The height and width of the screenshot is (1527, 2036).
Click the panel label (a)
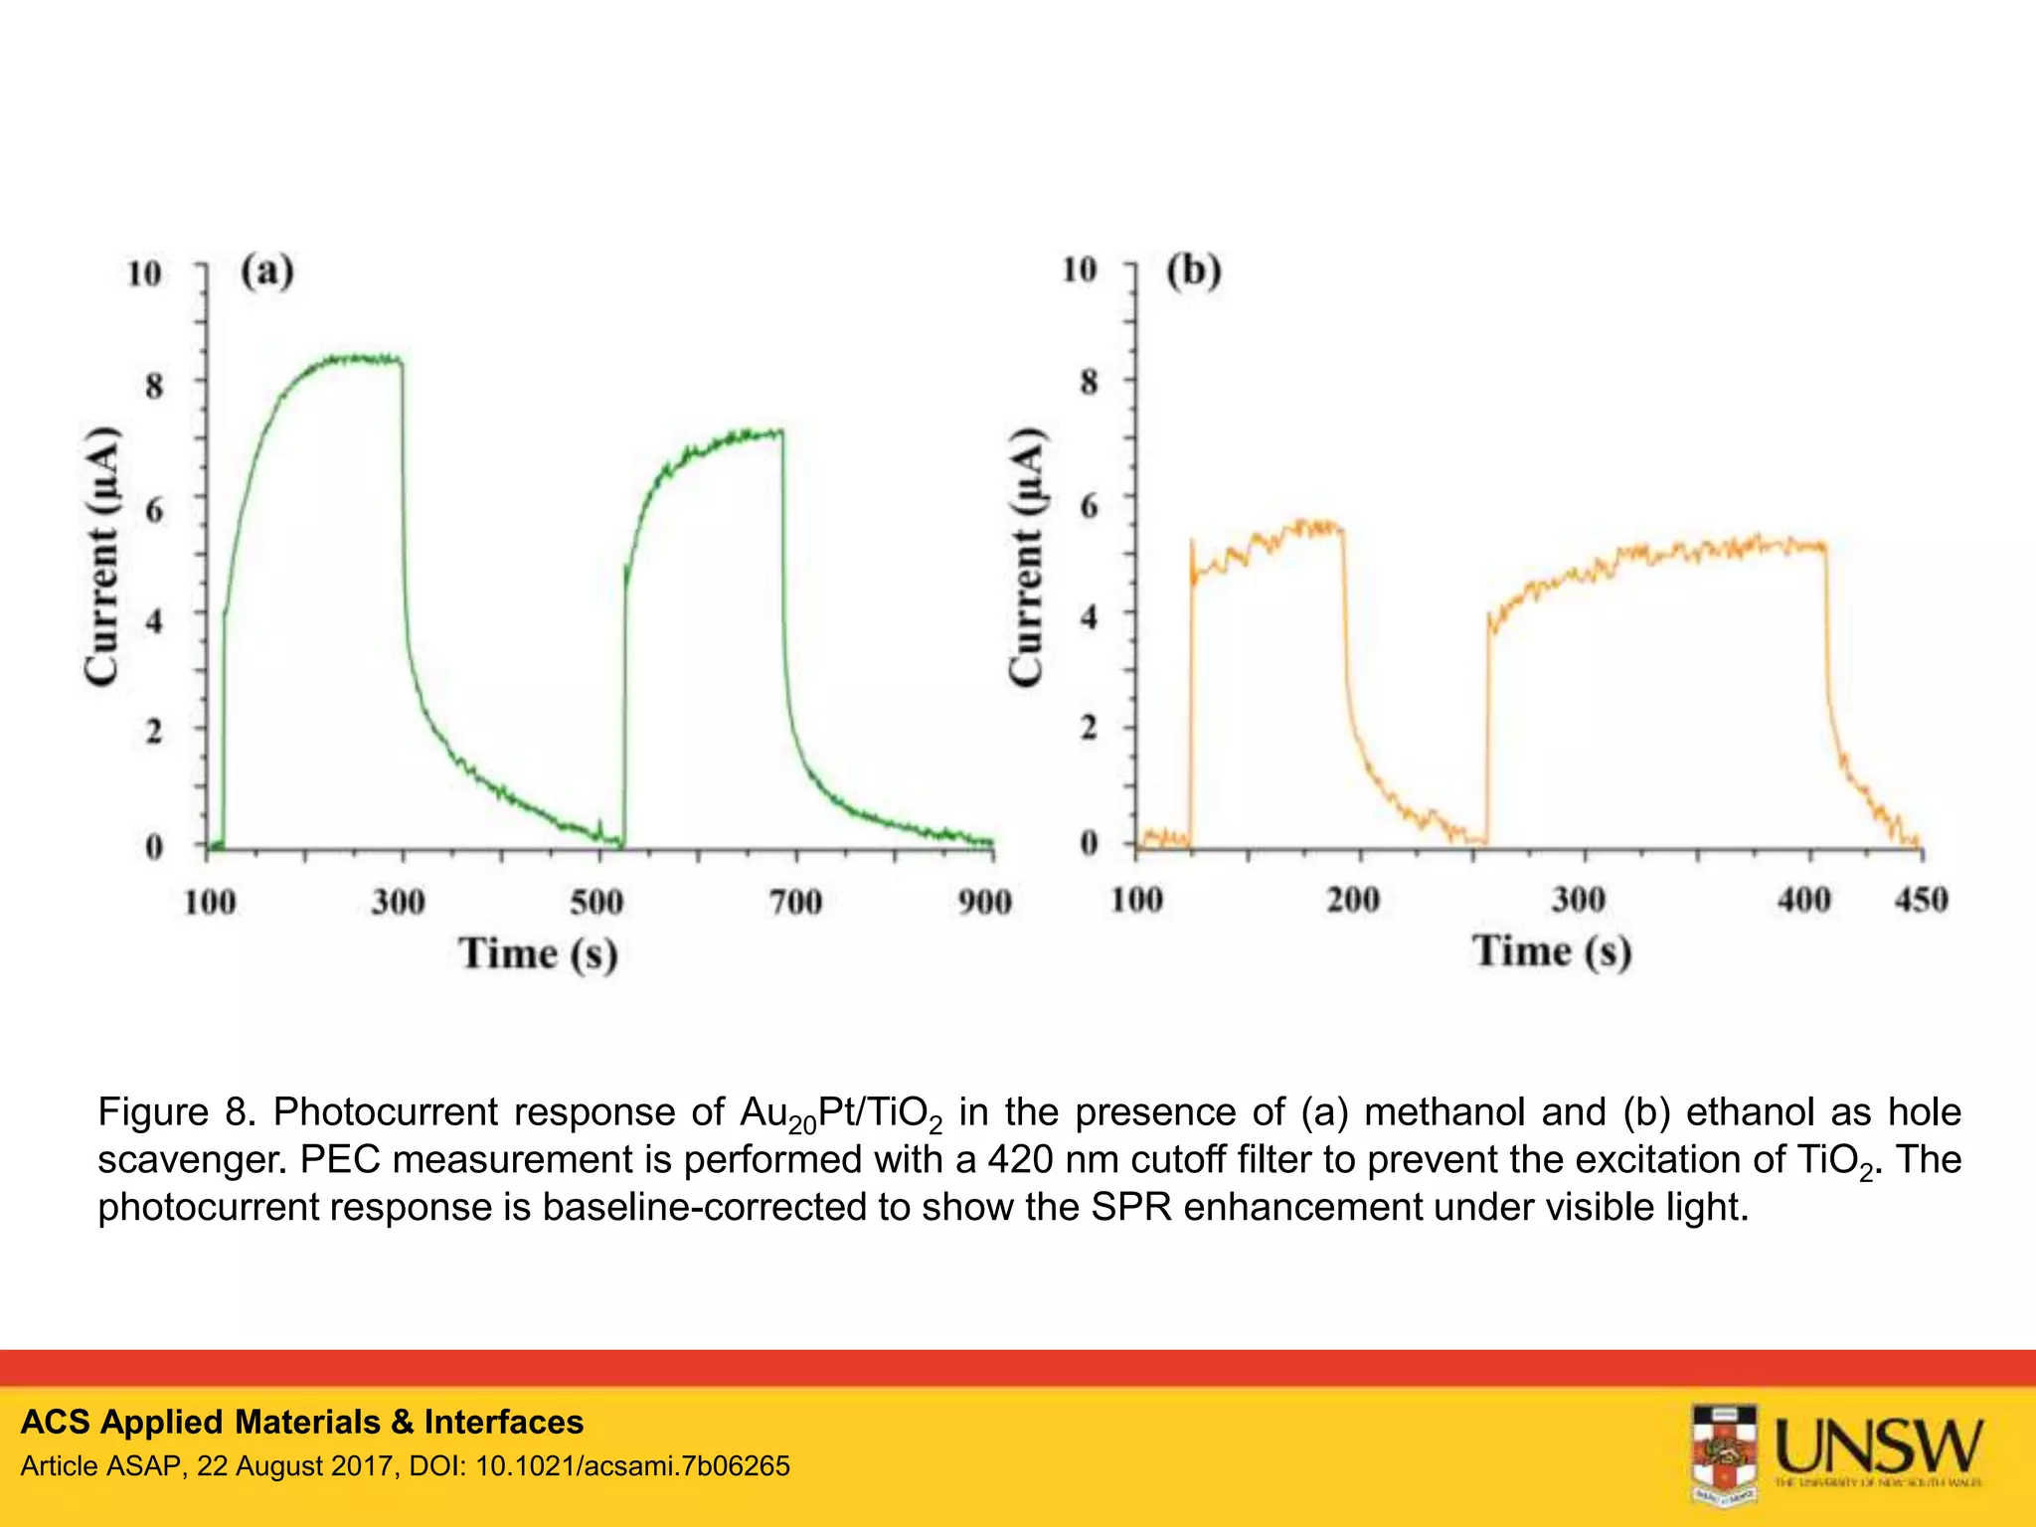click(x=266, y=271)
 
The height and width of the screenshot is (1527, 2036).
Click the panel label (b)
click(x=1193, y=270)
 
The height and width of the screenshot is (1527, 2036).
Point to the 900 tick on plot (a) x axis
click(x=984, y=902)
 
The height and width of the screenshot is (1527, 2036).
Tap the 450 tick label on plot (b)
click(x=1921, y=900)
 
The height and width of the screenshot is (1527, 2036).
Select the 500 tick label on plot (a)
click(x=596, y=902)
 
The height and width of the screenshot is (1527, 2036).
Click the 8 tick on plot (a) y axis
click(x=154, y=385)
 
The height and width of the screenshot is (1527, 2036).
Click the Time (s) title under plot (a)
click(x=538, y=953)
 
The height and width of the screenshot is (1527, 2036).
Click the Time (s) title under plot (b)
click(x=1552, y=951)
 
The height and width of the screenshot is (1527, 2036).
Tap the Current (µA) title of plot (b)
click(x=1027, y=557)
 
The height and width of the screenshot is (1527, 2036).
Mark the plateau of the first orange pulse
click(x=1292, y=533)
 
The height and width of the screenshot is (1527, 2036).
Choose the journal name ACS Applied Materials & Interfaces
click(x=302, y=1422)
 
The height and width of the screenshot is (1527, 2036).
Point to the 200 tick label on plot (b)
click(x=1353, y=900)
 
